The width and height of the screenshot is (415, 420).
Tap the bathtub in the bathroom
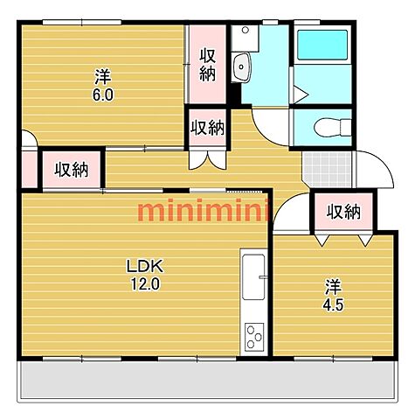(322, 45)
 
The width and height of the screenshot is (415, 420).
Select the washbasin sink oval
(241, 66)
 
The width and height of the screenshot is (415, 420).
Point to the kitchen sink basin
(253, 276)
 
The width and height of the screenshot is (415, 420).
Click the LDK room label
(145, 266)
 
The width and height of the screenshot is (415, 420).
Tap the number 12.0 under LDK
(145, 283)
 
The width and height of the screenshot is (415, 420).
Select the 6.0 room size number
(103, 94)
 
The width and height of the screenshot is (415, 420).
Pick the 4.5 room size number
(333, 305)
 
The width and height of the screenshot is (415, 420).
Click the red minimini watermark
(204, 209)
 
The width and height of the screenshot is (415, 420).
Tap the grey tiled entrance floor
(327, 169)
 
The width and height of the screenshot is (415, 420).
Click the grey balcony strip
(207, 380)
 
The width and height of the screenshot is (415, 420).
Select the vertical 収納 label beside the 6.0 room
(208, 65)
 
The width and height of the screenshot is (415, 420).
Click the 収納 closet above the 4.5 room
(343, 212)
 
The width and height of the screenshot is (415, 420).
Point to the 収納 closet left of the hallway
(72, 170)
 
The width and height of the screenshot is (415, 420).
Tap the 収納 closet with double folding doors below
(207, 128)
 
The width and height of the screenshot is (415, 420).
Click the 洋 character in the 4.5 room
(334, 287)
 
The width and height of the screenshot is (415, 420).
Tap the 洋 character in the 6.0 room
(103, 77)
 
